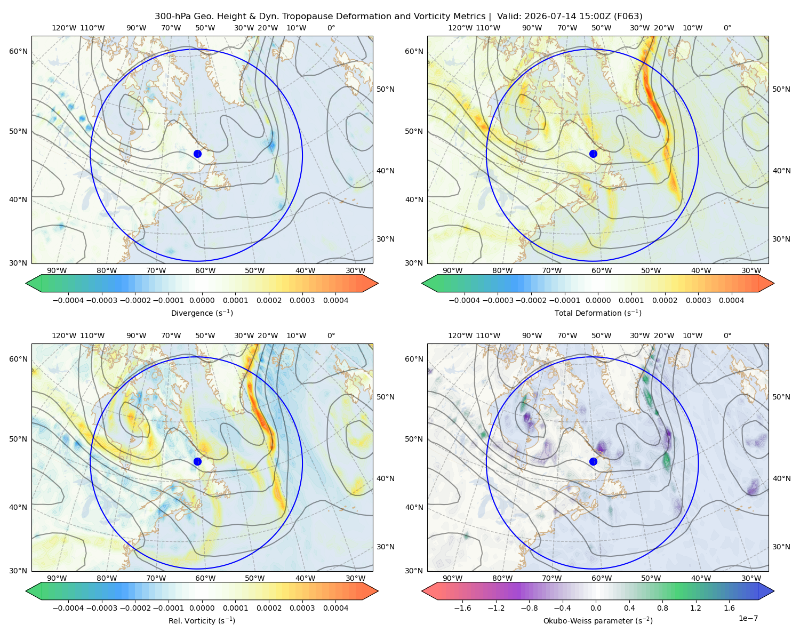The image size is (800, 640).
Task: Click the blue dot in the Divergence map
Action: pyautogui.click(x=197, y=154)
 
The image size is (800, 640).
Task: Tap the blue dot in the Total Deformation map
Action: pyautogui.click(x=593, y=154)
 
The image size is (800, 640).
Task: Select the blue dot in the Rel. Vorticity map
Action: pyautogui.click(x=197, y=461)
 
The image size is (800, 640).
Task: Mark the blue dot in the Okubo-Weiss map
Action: pyautogui.click(x=593, y=461)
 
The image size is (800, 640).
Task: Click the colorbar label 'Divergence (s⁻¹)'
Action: pyautogui.click(x=202, y=313)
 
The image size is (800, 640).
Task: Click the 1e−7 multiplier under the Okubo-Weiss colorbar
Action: pyautogui.click(x=748, y=618)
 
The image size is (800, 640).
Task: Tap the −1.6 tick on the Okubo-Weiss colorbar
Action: pyautogui.click(x=462, y=607)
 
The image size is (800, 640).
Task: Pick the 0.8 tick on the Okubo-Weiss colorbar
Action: pyautogui.click(x=662, y=607)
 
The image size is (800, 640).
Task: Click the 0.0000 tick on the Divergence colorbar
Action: pyautogui.click(x=202, y=300)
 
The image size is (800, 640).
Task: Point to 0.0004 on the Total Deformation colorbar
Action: pyautogui.click(x=732, y=300)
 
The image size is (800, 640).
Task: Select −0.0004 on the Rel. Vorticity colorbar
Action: pyautogui.click(x=68, y=607)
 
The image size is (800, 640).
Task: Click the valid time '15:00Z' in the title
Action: pyautogui.click(x=596, y=17)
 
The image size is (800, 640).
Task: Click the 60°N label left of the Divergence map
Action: pyautogui.click(x=18, y=51)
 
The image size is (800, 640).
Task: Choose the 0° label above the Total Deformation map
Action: pyautogui.click(x=727, y=28)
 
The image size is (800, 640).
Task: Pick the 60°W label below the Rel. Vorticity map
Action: pyautogui.click(x=205, y=578)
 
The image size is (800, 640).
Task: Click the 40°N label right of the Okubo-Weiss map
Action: pyautogui.click(x=781, y=478)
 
